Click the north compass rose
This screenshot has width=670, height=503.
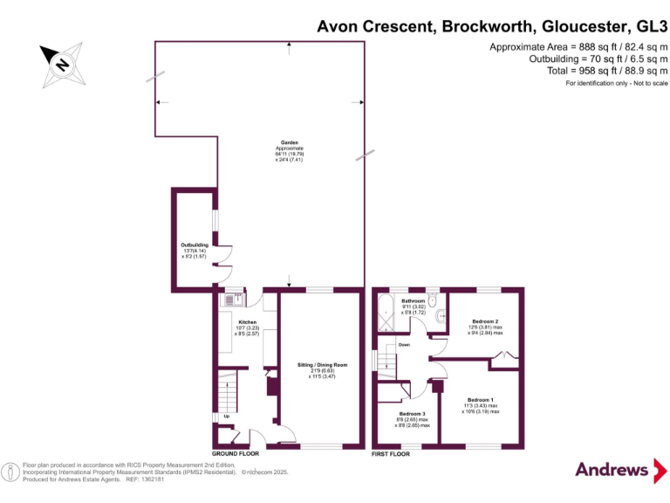62,63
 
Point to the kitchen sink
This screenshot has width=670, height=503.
234,299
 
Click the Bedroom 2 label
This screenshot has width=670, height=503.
484,321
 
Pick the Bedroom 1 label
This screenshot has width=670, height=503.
481,400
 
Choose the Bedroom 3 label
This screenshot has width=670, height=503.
413,413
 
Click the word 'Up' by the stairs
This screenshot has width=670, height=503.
228,416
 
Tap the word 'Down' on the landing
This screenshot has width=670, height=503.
404,345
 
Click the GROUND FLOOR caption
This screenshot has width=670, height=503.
236,454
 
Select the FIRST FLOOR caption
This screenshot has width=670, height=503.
392,454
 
